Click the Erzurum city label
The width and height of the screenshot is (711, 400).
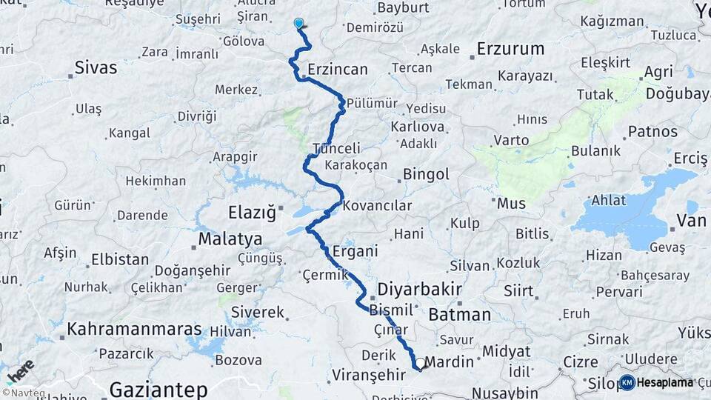510,49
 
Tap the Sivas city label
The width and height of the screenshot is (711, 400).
96,68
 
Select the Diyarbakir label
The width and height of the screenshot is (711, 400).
419,288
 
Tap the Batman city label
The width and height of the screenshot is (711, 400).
459,314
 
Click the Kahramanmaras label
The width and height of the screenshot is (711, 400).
135,328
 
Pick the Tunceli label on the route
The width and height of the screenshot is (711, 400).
337,148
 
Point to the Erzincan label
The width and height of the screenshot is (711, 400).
338,70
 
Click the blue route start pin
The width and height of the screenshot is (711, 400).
299,24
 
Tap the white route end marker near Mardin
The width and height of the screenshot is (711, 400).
420,364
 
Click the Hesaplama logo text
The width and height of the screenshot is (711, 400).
665,382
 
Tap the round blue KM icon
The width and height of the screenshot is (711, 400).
627,382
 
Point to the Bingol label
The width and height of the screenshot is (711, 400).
426,175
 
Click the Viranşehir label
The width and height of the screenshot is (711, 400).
368,374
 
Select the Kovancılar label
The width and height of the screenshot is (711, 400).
377,205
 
